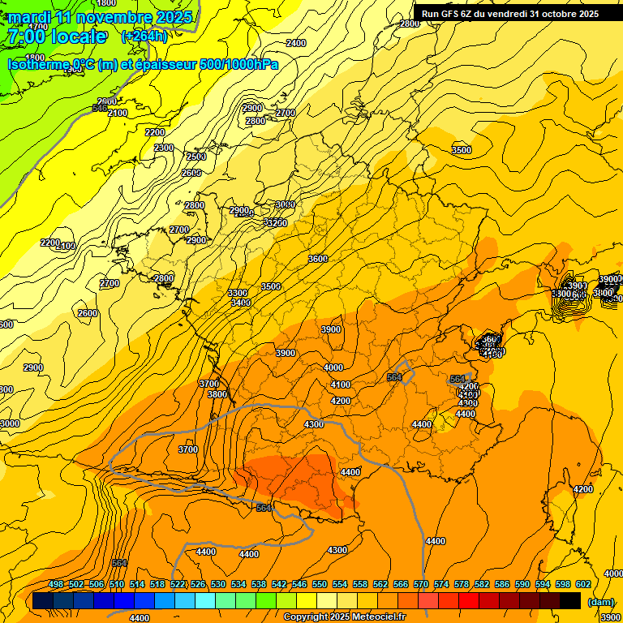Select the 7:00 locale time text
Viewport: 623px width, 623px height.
pyautogui.click(x=56, y=37)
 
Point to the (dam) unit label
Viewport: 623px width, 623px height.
pyautogui.click(x=600, y=602)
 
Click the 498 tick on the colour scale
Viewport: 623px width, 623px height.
pyautogui.click(x=56, y=585)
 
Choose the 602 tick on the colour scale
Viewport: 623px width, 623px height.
pyautogui.click(x=583, y=585)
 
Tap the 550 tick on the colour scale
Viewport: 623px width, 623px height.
pyautogui.click(x=320, y=585)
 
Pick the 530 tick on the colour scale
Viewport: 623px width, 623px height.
pyautogui.click(x=218, y=585)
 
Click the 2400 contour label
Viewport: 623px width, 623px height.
pyautogui.click(x=296, y=43)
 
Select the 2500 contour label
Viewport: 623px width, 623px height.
pyautogui.click(x=196, y=157)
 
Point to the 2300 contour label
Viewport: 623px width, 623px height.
pyautogui.click(x=164, y=148)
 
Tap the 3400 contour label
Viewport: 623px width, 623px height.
pyautogui.click(x=240, y=303)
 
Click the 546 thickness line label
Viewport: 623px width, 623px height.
pyautogui.click(x=100, y=108)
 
